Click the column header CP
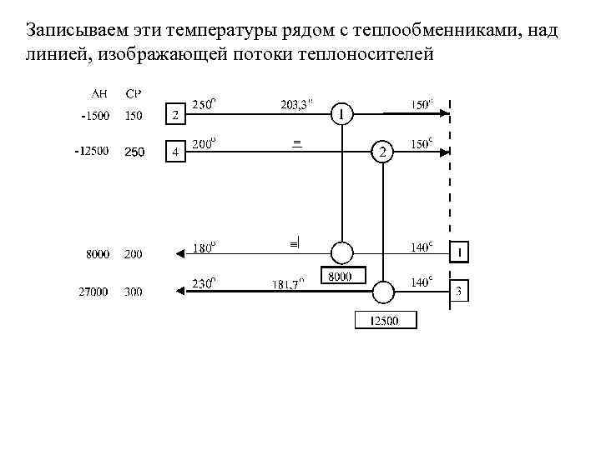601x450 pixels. point(133,93)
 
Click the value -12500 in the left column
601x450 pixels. point(91,152)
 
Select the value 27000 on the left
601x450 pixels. point(93,292)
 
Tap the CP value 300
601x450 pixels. point(134,292)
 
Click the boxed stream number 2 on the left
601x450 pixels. point(175,113)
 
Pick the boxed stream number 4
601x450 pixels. point(175,152)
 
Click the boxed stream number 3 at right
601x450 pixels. point(459,292)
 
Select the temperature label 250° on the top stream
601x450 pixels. point(204,105)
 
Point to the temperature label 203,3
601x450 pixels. point(297,105)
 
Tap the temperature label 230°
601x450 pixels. point(204,282)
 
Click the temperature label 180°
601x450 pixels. point(204,247)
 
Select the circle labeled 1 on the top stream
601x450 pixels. point(341,113)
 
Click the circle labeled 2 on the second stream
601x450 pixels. point(382,152)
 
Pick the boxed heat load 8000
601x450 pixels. point(339,277)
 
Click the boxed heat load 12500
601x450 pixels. point(385,320)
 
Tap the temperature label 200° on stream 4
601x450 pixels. point(204,143)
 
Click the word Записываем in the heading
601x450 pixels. point(70,32)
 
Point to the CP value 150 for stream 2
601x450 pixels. point(134,116)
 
